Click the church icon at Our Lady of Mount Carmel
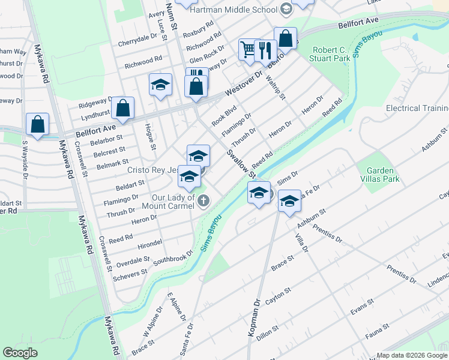203,200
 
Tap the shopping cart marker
248,49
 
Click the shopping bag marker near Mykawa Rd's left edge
37,124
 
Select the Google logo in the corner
20,352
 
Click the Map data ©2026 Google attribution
412,355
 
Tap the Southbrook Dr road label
173,257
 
